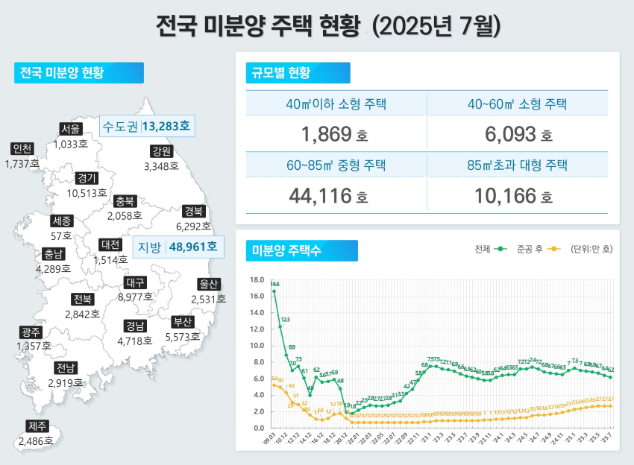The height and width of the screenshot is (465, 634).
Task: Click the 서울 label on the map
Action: pos(71,130)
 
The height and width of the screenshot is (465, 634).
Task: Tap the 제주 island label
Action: pos(37,427)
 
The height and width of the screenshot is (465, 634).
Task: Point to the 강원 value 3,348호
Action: pos(161,165)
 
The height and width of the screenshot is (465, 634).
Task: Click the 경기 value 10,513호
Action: pos(87,193)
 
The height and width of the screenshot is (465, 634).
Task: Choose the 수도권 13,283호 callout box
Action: pos(146,126)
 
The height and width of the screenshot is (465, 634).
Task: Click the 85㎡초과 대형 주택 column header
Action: pos(521,165)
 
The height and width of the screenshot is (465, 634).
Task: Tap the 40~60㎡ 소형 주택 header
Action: pos(521,104)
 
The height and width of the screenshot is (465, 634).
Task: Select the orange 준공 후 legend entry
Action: pos(538,249)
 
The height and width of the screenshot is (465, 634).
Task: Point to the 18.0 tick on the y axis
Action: pos(257,280)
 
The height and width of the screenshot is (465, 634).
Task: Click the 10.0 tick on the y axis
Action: pos(257,346)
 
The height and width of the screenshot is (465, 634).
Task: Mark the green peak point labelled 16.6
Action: pos(274,291)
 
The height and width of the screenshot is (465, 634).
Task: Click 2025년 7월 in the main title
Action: pos(436,26)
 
